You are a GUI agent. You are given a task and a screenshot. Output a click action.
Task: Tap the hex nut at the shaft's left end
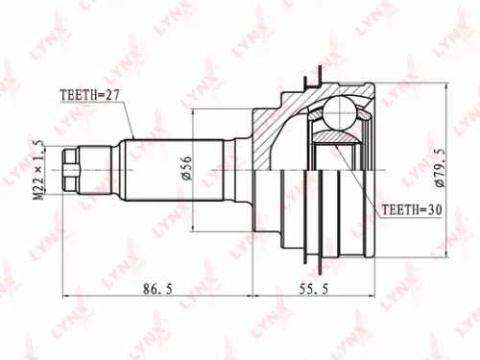click(x=72, y=170)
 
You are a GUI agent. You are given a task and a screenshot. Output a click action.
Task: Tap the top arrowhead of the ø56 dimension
click(x=194, y=113)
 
